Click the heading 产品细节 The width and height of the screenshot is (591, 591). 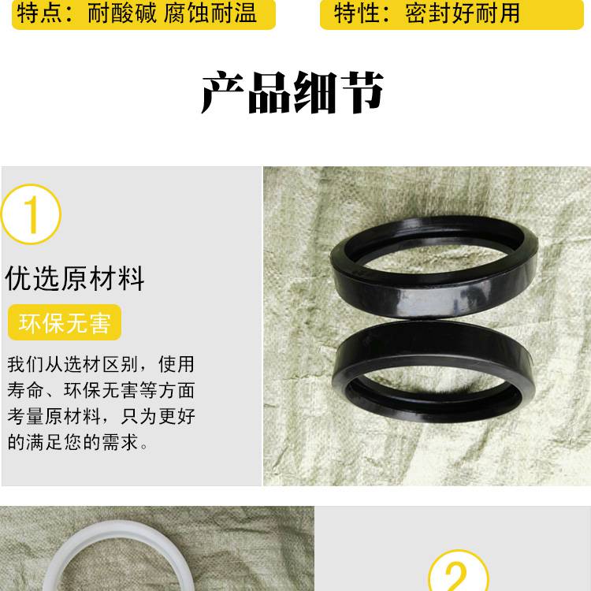tap(292, 92)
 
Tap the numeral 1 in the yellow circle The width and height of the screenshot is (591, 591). tap(32, 214)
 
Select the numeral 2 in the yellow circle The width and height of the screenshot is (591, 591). tap(457, 577)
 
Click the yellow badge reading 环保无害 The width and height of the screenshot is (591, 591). tap(65, 322)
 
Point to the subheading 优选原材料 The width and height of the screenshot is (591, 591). tap(75, 278)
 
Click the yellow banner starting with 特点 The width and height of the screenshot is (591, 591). tap(143, 13)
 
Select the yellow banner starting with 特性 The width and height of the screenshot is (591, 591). tap(452, 13)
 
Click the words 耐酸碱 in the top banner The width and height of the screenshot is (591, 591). tap(121, 13)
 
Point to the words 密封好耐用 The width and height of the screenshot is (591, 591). tap(463, 13)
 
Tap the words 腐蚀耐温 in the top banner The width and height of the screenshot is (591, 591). tap(210, 13)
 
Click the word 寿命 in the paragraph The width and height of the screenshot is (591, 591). tap(25, 390)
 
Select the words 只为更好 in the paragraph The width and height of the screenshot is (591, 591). tap(158, 416)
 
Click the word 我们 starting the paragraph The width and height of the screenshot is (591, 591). tap(25, 364)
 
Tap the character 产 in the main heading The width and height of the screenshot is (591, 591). tap(223, 92)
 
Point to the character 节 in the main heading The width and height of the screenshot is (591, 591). tap(362, 92)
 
